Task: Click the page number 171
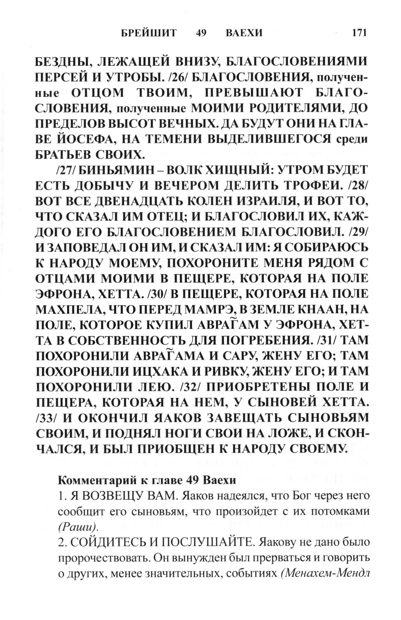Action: click(359, 33)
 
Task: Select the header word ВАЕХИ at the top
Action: click(244, 33)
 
